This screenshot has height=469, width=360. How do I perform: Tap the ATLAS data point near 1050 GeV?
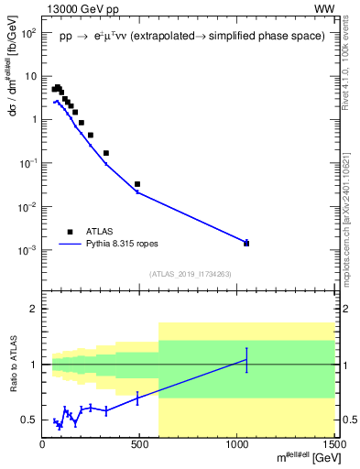[x=246, y=243]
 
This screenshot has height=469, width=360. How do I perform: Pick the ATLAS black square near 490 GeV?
[x=137, y=184]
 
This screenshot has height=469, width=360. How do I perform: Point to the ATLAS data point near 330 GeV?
[x=106, y=153]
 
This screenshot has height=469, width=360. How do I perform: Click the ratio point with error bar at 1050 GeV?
[x=246, y=359]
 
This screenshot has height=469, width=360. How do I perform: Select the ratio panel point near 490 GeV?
[x=137, y=398]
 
